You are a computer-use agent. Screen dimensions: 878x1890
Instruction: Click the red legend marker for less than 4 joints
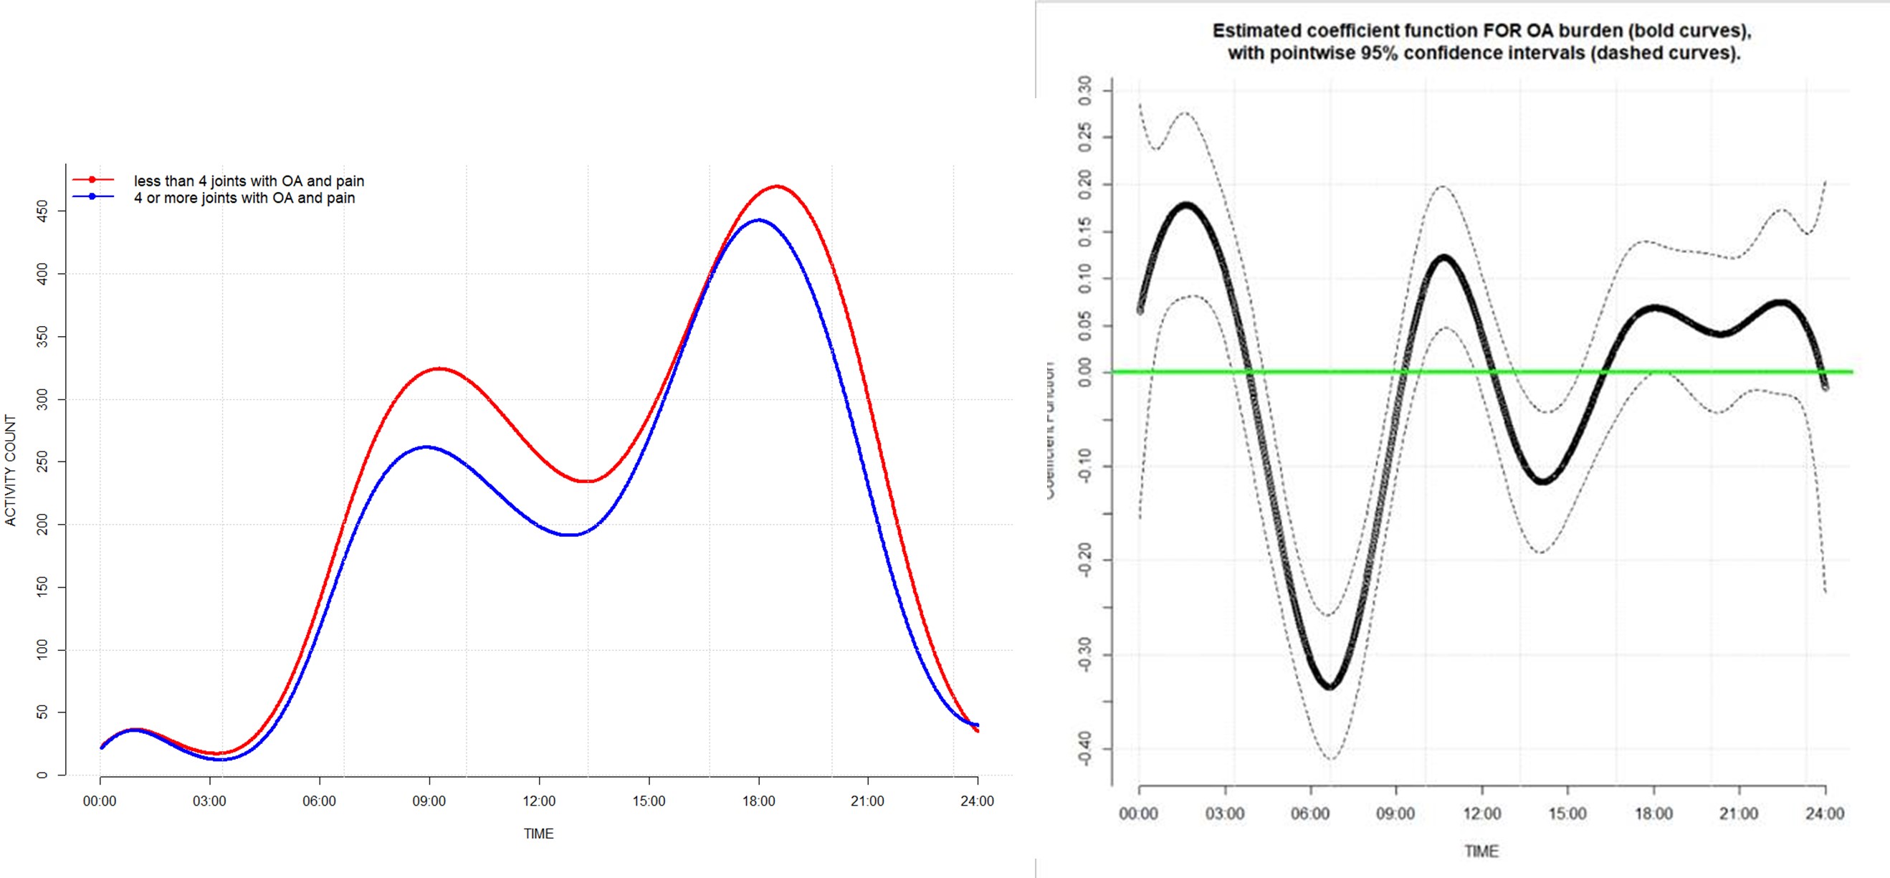tap(92, 180)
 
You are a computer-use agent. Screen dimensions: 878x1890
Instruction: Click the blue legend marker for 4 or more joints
tap(92, 196)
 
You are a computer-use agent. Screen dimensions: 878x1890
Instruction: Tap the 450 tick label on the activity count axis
tap(42, 211)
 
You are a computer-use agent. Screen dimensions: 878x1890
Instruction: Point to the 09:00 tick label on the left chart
tap(429, 801)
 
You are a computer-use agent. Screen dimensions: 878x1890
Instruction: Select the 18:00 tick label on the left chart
tap(758, 801)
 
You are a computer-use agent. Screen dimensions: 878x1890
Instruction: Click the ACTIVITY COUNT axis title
tap(10, 470)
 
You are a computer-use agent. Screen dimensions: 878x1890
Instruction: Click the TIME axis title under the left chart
tap(538, 834)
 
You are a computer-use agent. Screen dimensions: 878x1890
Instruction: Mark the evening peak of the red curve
tap(777, 186)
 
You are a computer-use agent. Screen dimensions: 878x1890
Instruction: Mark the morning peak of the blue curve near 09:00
tap(427, 447)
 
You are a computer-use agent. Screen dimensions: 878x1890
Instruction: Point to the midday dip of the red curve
tap(587, 481)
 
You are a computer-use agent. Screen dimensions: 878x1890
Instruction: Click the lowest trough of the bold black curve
tap(1330, 687)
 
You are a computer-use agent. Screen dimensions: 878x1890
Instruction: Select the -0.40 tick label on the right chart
tap(1085, 748)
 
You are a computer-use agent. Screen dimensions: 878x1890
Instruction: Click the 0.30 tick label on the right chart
tap(1085, 90)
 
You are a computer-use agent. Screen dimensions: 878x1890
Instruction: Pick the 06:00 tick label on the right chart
tap(1310, 814)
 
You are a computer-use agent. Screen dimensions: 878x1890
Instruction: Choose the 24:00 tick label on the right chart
tap(1825, 814)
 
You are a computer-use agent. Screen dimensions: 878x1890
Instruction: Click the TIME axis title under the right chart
tap(1481, 851)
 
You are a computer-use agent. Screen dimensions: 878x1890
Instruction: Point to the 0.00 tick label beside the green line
tap(1085, 372)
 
